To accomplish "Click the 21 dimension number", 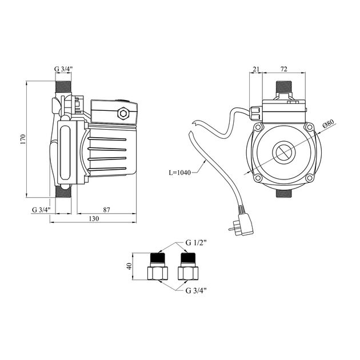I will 256,69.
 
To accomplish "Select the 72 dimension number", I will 283,69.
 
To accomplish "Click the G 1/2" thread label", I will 196,243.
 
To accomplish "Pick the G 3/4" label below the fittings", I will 196,290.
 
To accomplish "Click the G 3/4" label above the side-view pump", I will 64,70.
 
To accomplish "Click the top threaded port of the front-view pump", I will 283,90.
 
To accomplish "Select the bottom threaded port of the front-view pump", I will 283,193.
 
